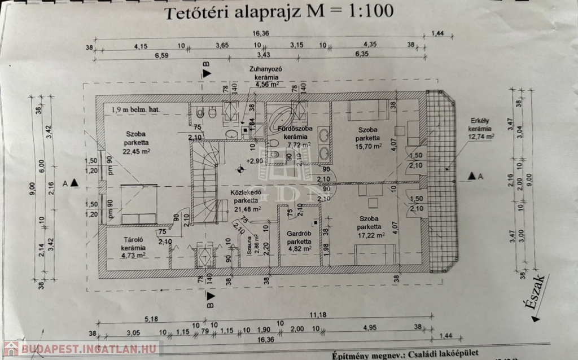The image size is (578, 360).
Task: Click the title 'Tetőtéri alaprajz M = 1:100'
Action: [x=278, y=12]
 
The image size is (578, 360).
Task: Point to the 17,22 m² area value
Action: [x=371, y=235]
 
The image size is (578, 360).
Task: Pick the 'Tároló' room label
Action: [x=134, y=239]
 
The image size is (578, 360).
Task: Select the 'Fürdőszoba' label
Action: [x=295, y=129]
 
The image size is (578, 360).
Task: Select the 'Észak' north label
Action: [x=536, y=297]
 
